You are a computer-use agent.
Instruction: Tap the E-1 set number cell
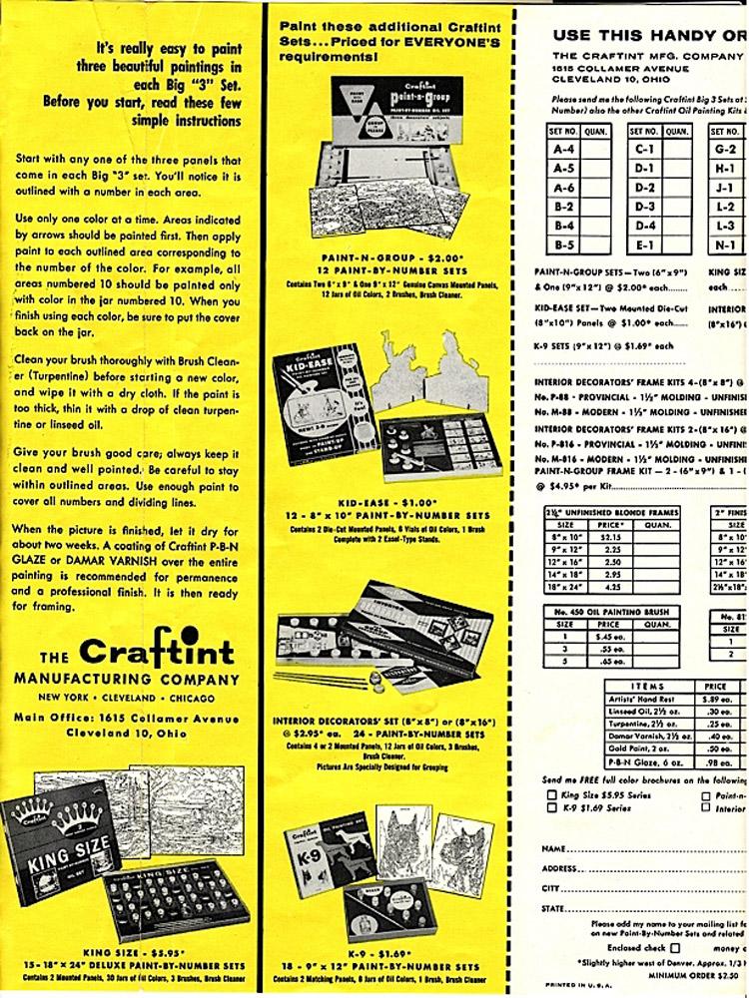[x=645, y=243]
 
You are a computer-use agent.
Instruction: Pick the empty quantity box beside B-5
[x=595, y=243]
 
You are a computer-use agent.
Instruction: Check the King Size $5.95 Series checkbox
[x=551, y=794]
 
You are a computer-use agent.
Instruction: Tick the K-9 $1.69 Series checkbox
[x=551, y=809]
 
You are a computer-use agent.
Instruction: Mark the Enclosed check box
[x=675, y=946]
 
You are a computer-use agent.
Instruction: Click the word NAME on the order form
[x=556, y=848]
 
